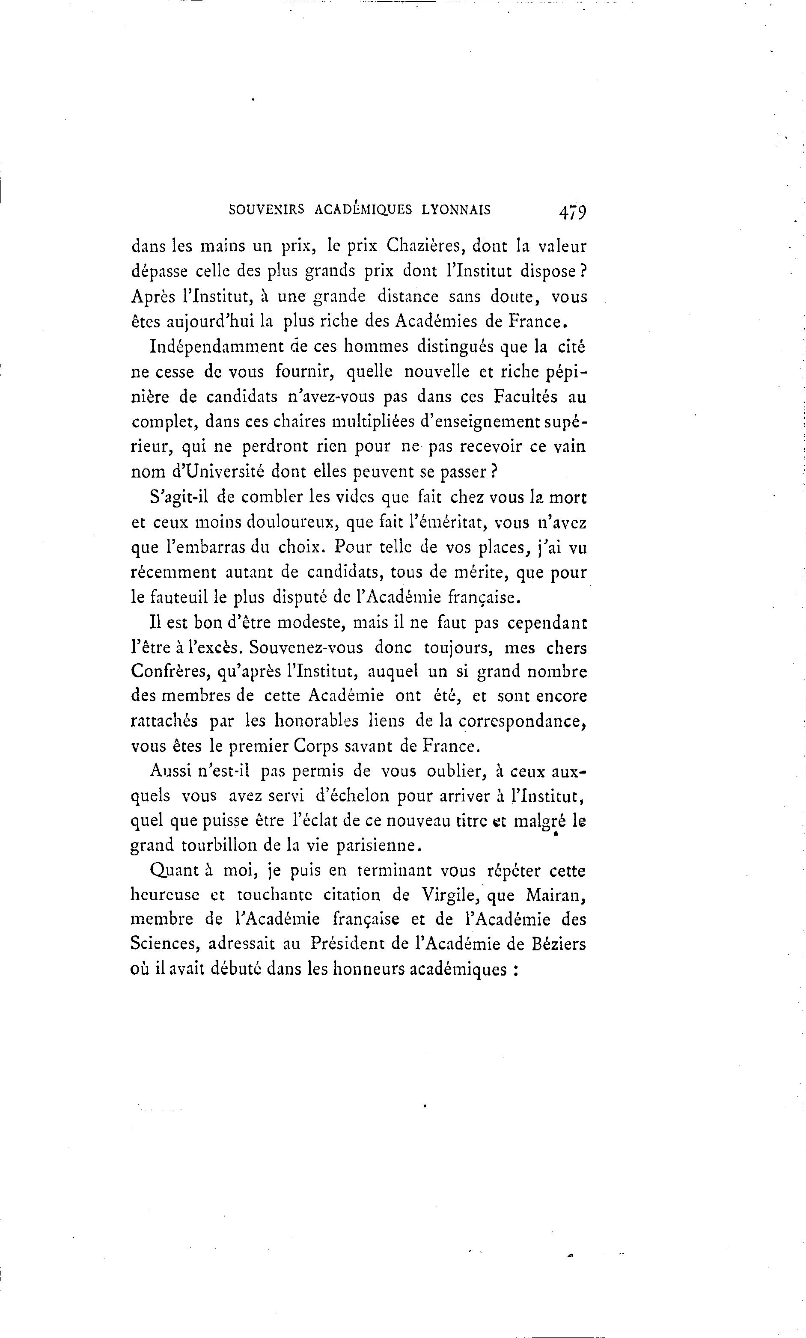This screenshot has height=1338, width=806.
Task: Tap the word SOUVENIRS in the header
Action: (x=267, y=210)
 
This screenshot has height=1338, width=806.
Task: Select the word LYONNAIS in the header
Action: (x=456, y=210)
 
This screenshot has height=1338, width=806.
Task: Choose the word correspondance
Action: (x=523, y=721)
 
